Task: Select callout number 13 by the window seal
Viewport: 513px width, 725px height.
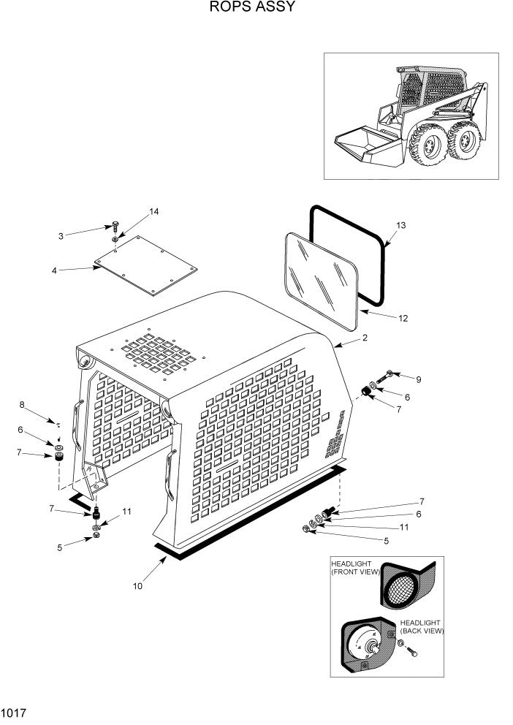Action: click(400, 225)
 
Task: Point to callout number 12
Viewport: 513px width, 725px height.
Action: click(403, 318)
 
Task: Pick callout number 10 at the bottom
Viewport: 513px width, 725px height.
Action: click(137, 585)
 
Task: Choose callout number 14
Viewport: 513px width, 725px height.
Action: click(153, 212)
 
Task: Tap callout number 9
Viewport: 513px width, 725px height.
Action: click(419, 379)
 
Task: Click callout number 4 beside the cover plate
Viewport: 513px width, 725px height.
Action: click(54, 270)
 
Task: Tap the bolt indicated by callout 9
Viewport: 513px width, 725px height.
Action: click(389, 374)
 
